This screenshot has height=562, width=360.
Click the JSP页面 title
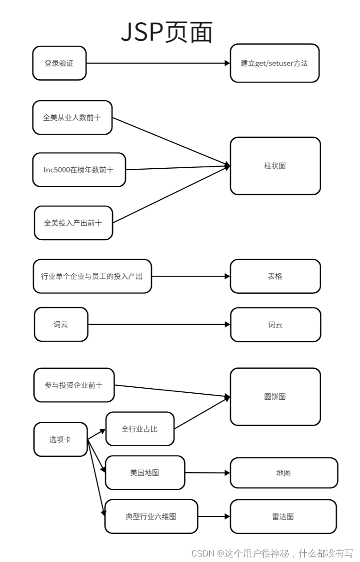point(167,33)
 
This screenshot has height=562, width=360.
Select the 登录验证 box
point(59,63)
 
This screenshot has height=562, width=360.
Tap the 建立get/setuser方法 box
point(274,63)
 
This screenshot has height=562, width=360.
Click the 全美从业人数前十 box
point(72,118)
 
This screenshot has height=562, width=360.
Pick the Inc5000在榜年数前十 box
point(79,170)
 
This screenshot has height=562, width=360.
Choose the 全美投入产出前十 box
point(73,223)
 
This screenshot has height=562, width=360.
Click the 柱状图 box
point(275,166)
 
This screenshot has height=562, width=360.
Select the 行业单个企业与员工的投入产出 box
point(92,276)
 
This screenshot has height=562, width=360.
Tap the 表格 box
point(275,276)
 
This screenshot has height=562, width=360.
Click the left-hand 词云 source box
point(61,325)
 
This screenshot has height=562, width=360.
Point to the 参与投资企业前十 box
point(74,385)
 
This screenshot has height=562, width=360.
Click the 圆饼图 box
point(275,396)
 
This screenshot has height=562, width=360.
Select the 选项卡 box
point(60,439)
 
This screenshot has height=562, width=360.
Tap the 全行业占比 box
point(140,429)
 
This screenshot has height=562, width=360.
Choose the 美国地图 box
point(145,473)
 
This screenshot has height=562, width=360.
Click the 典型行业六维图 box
point(151,516)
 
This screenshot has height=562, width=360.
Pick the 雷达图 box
point(283,516)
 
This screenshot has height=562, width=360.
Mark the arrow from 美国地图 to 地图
point(207,473)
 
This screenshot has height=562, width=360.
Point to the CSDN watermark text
point(272,553)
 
